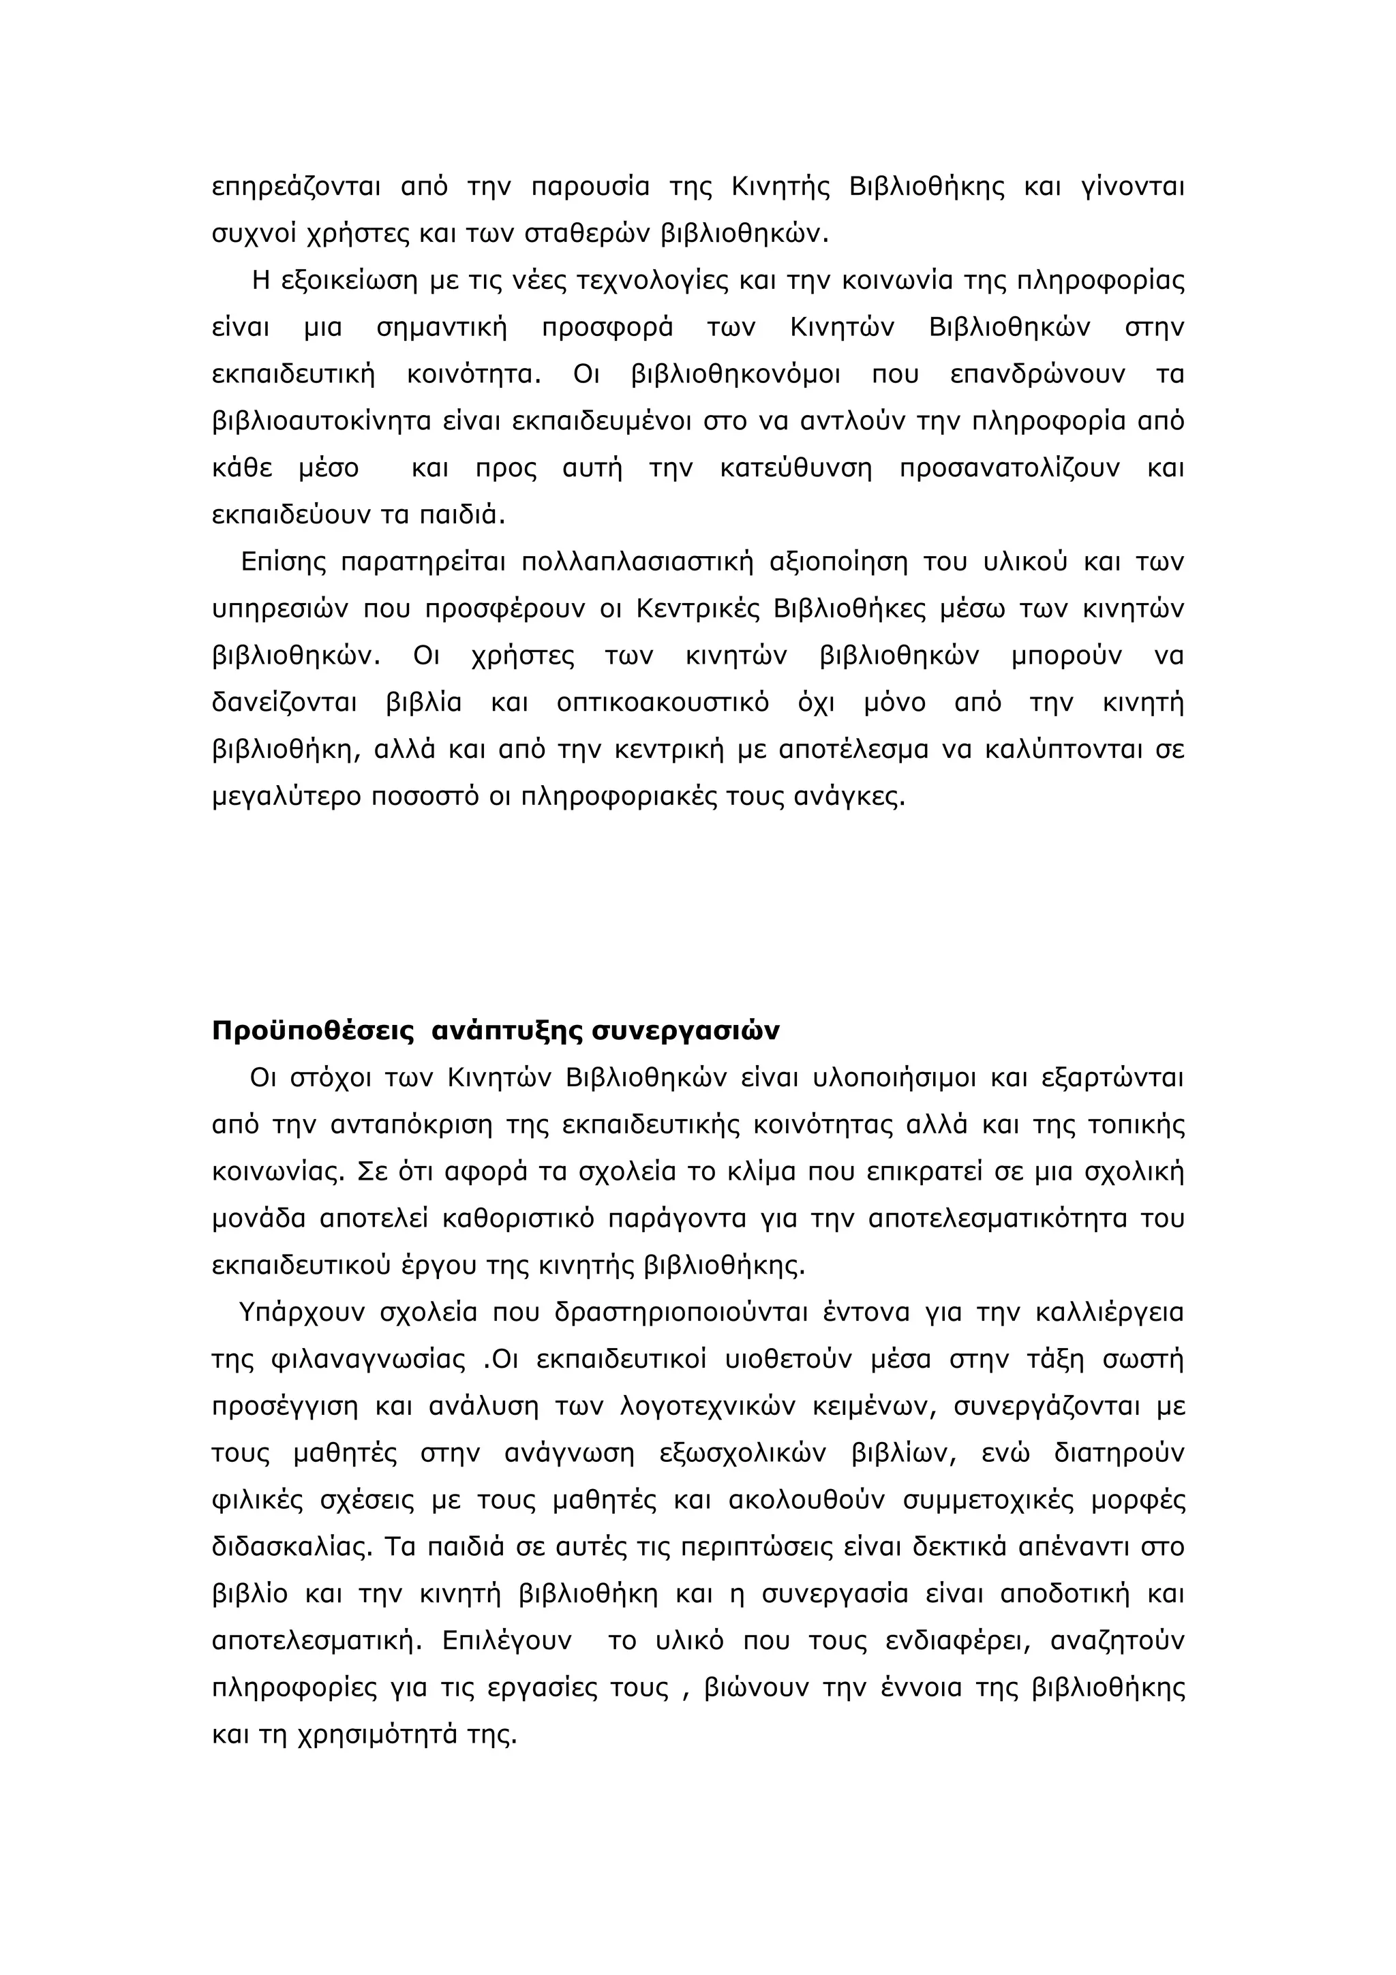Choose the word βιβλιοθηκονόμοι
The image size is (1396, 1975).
click(736, 375)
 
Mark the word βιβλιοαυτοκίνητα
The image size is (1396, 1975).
click(322, 421)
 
